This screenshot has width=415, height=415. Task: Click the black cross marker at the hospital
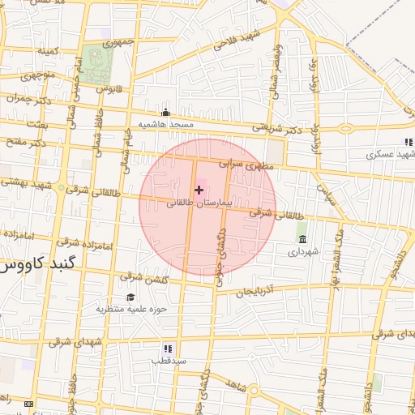[199, 190]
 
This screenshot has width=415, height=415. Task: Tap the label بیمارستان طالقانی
[199, 204]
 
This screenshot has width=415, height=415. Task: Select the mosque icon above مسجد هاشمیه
[166, 113]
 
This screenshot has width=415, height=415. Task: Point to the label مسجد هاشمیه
[165, 124]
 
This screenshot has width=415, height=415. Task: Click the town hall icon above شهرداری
[302, 239]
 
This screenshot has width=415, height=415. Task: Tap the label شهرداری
[303, 251]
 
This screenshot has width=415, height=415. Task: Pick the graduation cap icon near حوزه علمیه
[130, 297]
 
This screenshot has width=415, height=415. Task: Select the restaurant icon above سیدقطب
[167, 349]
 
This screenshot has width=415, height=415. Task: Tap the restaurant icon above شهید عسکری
[409, 142]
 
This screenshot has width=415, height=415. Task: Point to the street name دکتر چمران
[24, 99]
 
